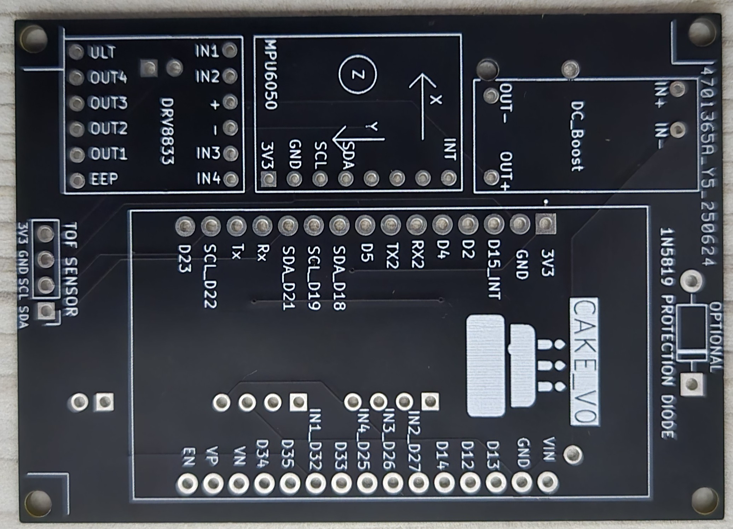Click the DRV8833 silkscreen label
click(167, 131)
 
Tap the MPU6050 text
click(271, 75)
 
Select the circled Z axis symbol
click(358, 75)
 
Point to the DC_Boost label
click(577, 136)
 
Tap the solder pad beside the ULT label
click(76, 52)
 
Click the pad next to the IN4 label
click(231, 179)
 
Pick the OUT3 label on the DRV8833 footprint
click(108, 103)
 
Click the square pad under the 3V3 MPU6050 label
click(269, 179)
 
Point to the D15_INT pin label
click(494, 269)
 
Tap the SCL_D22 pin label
click(210, 276)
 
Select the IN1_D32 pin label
click(314, 439)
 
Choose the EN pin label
click(188, 457)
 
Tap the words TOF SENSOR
click(71, 269)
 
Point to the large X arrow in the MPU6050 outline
click(423, 106)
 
